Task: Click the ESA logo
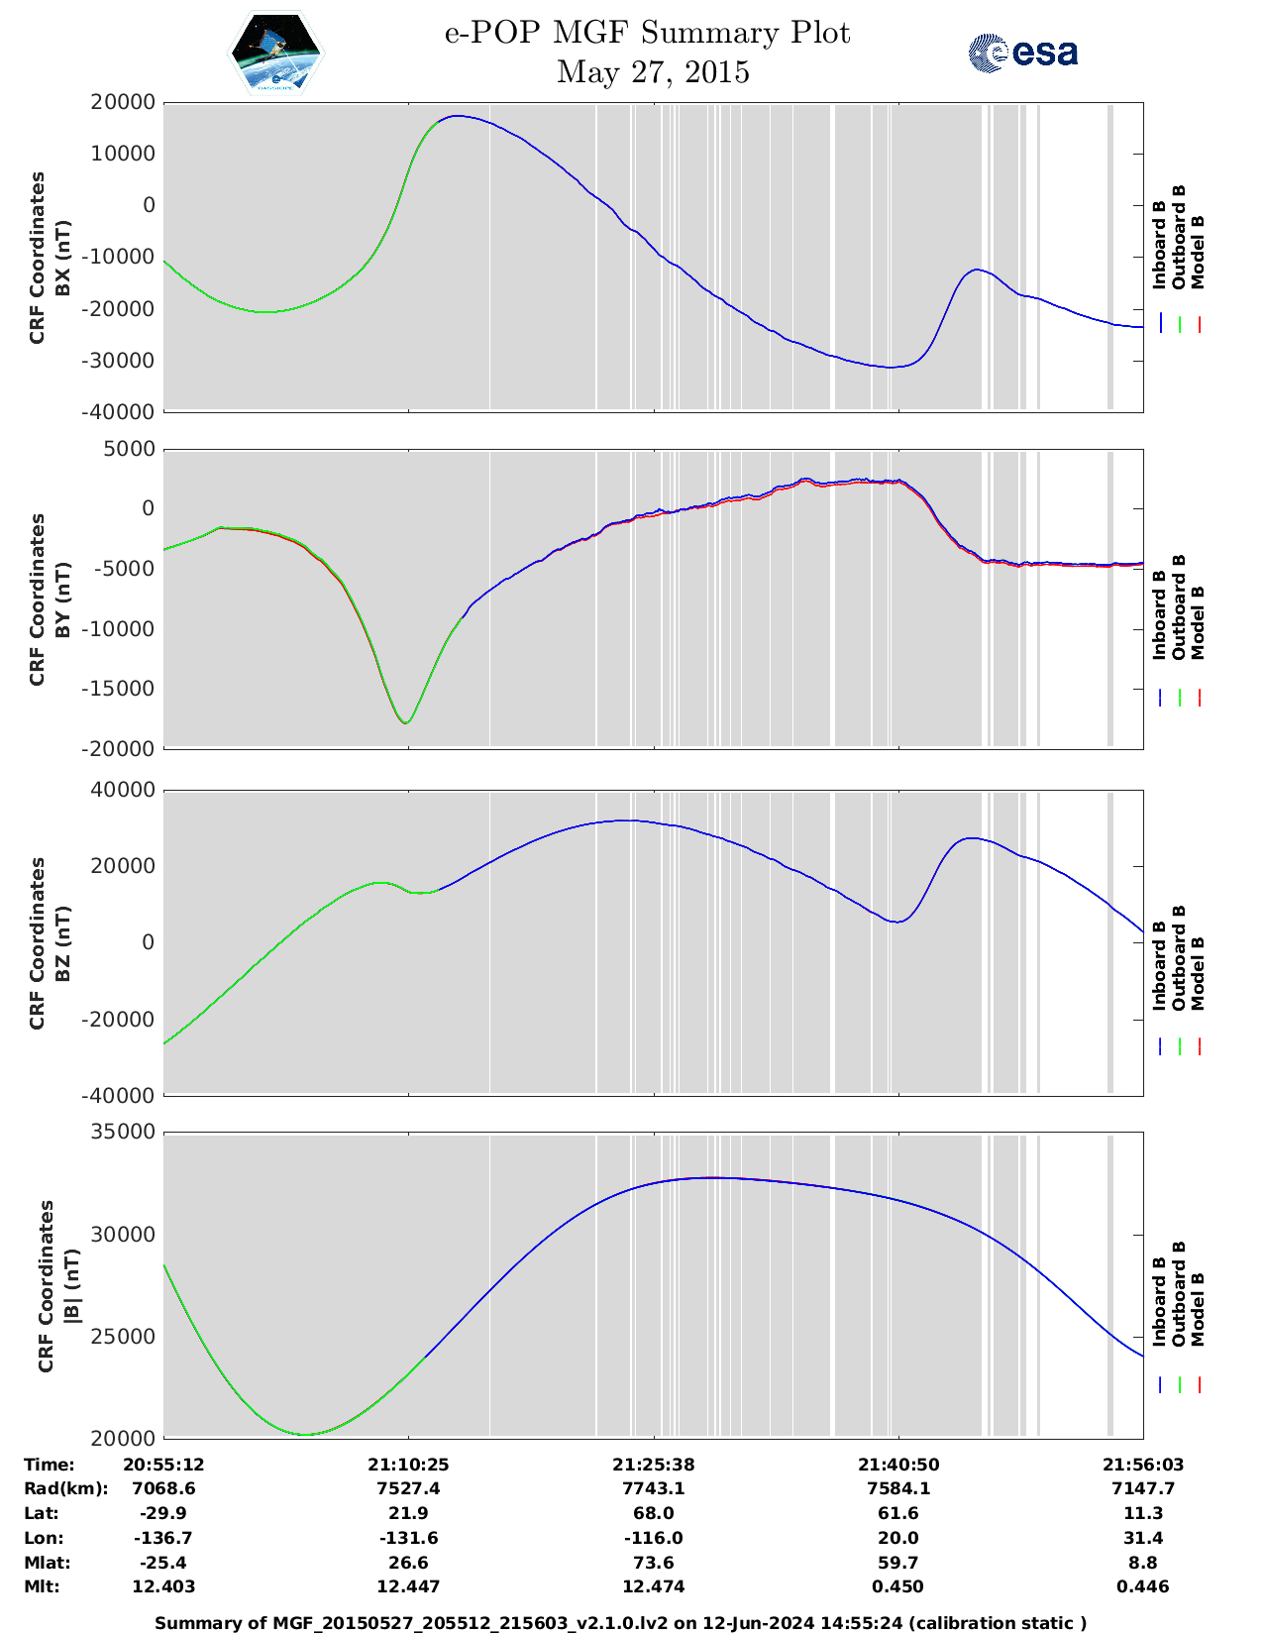tap(1022, 53)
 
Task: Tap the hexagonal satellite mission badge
tap(275, 53)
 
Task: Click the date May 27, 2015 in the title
tap(653, 72)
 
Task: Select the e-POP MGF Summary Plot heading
tap(647, 33)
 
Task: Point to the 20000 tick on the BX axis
tap(124, 102)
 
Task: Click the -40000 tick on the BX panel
tap(124, 411)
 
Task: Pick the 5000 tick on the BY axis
tap(130, 449)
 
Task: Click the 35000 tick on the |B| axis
tap(124, 1132)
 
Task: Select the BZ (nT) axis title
tap(62, 942)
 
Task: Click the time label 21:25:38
tap(653, 1465)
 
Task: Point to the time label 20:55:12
tap(163, 1465)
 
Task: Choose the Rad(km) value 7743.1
tap(653, 1488)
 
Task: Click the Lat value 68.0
tap(653, 1513)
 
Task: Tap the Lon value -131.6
tap(408, 1538)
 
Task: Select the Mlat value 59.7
tap(898, 1563)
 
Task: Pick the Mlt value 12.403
tap(163, 1586)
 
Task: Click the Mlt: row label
tap(42, 1586)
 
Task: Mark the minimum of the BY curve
tap(406, 722)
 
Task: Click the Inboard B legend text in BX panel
tap(1159, 245)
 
